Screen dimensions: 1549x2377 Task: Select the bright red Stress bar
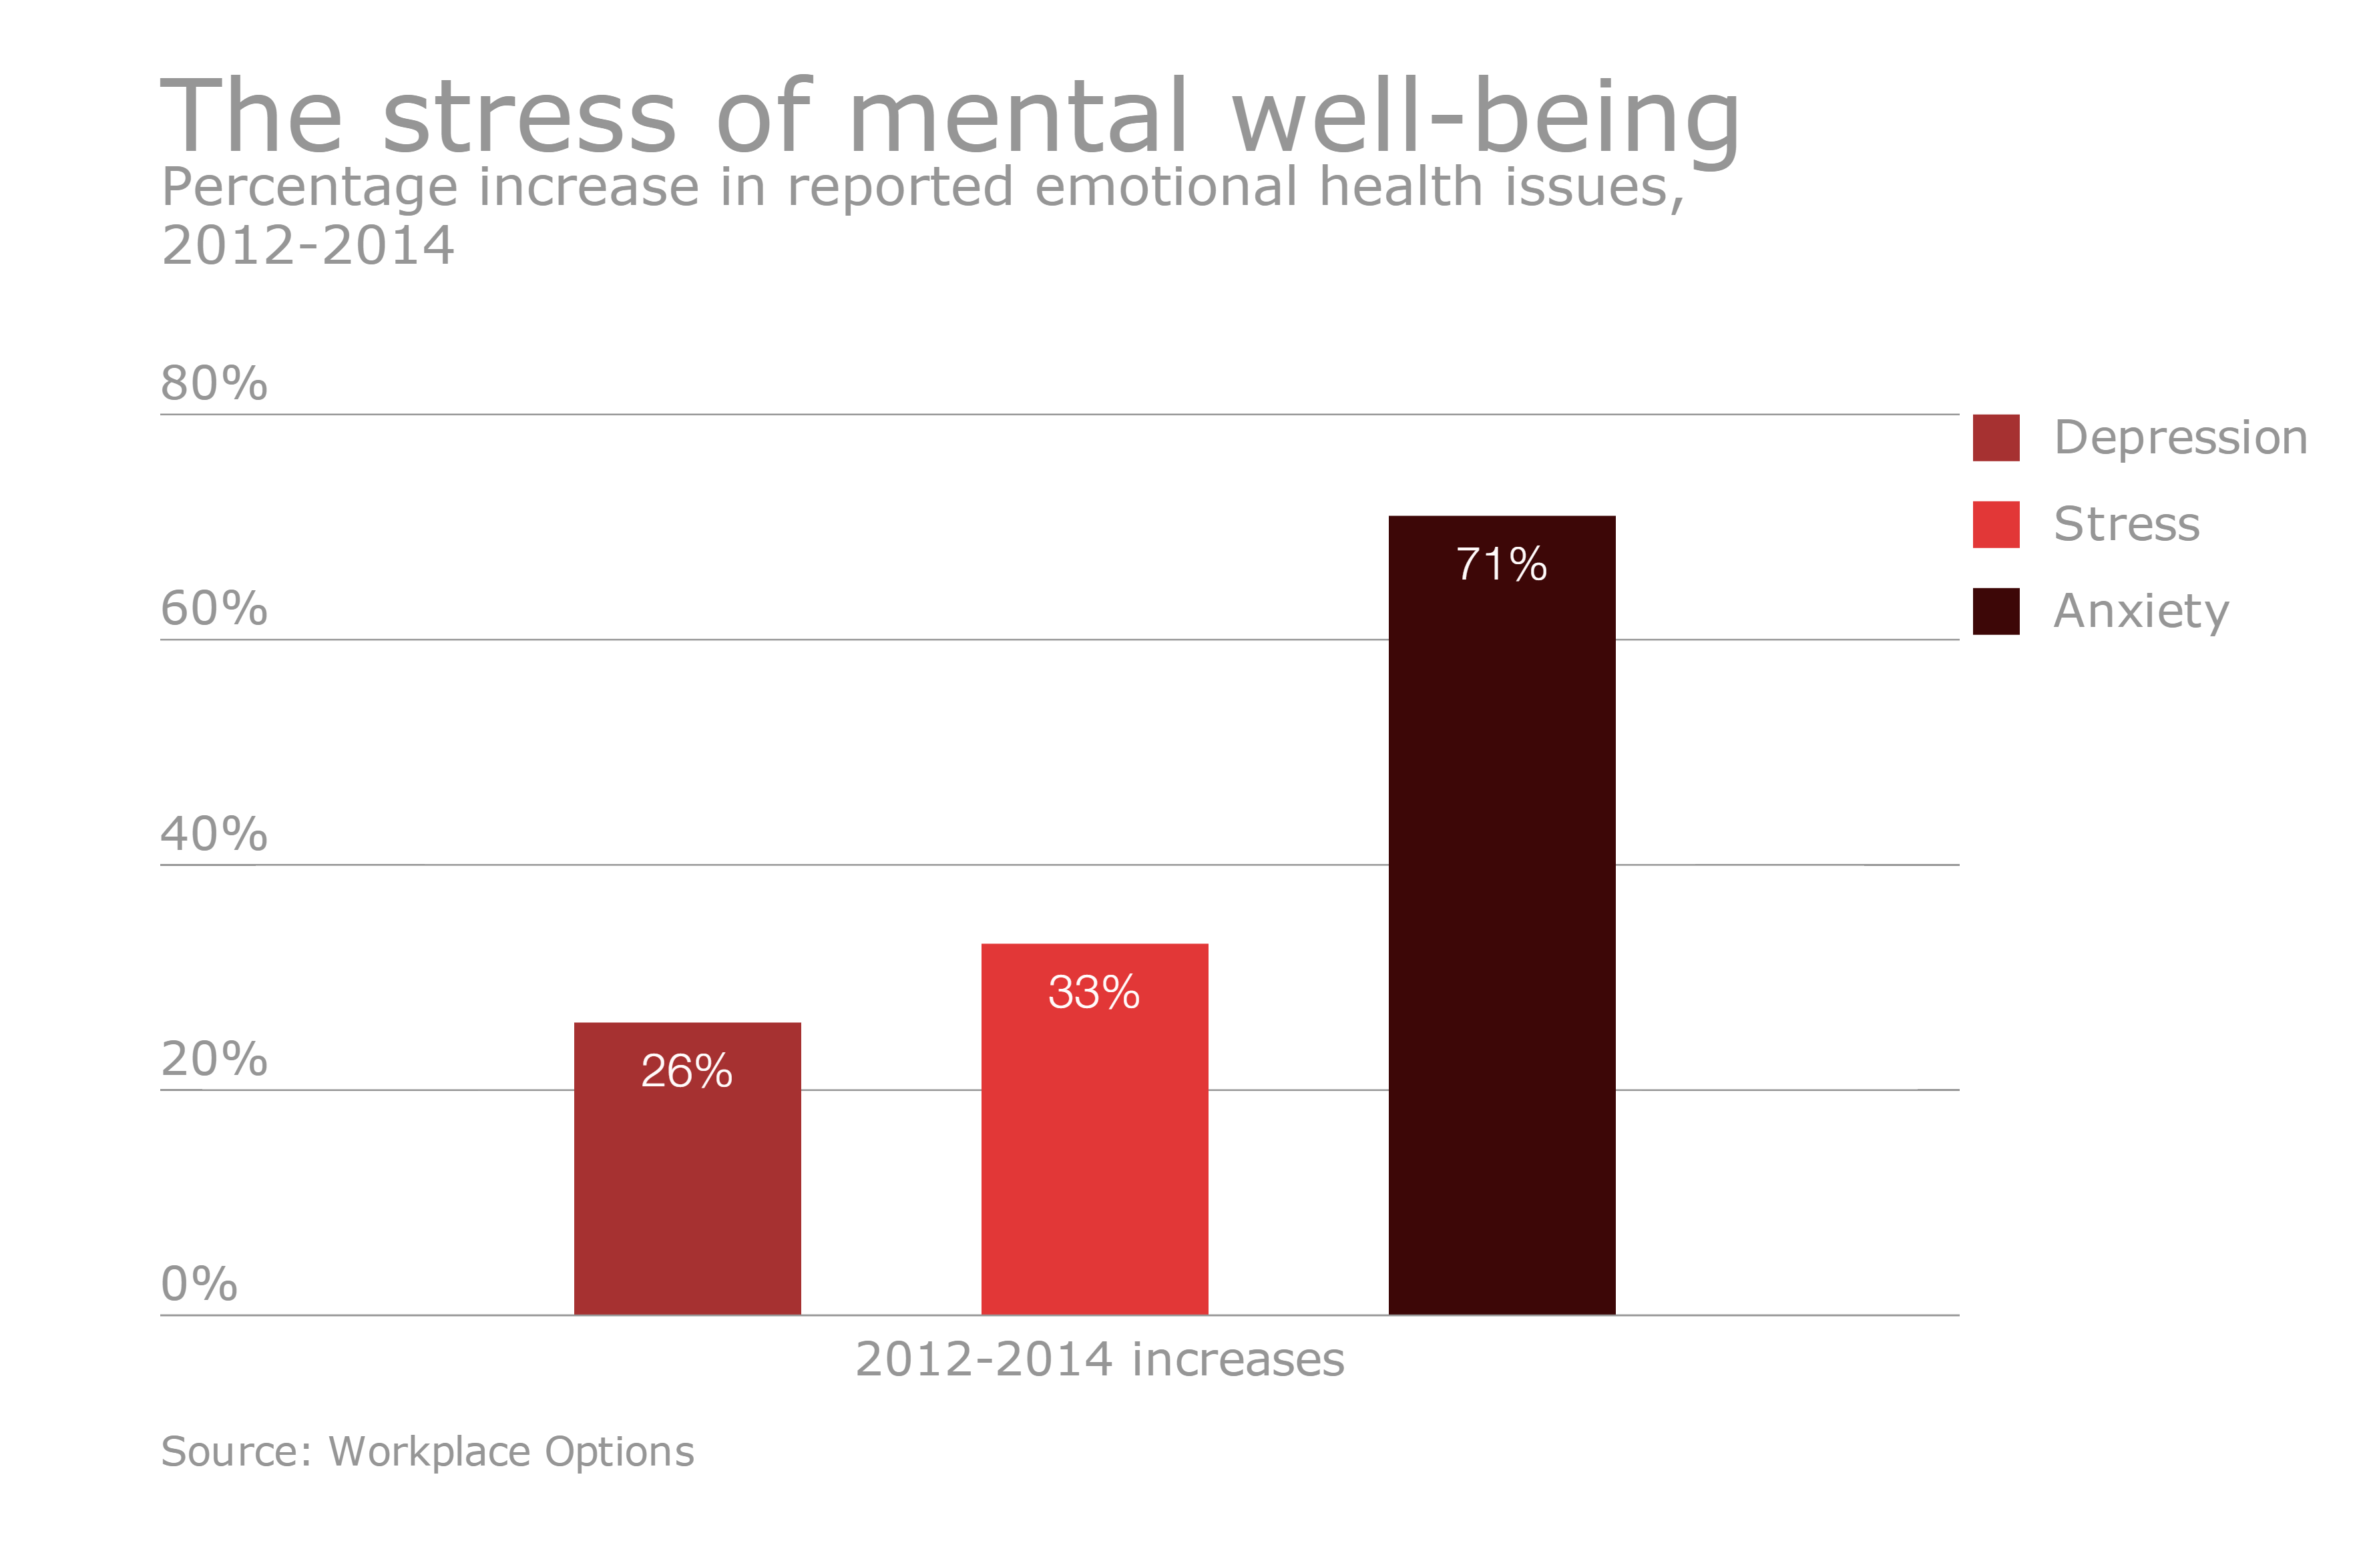[1094, 1148]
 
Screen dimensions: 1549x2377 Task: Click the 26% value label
[687, 1072]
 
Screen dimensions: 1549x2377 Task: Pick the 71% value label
[1501, 564]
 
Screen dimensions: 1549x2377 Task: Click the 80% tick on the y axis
[214, 383]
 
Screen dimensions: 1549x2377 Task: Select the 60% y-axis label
[214, 608]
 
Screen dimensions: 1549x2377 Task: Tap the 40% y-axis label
[214, 834]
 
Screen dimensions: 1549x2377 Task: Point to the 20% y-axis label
[214, 1059]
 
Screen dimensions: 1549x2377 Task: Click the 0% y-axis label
[199, 1285]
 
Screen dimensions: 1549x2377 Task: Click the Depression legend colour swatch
[1996, 437]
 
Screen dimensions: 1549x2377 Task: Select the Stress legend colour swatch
[1996, 524]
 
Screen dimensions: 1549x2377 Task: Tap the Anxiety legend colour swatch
[1996, 611]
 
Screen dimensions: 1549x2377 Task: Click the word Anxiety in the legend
[2140, 611]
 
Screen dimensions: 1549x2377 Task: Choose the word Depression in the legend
[2180, 437]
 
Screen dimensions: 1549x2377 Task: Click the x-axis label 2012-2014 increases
[1100, 1359]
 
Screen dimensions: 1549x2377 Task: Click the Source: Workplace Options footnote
[427, 1451]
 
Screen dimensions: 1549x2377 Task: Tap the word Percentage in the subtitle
[308, 188]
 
